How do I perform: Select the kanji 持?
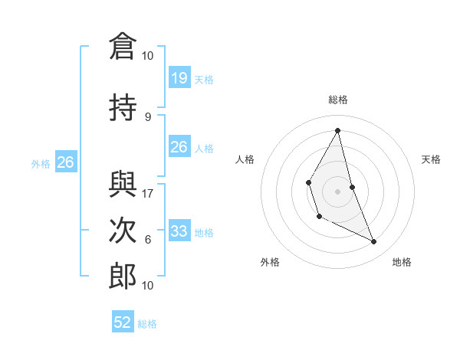[123, 109]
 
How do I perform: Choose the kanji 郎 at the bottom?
[123, 275]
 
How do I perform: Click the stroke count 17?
[148, 193]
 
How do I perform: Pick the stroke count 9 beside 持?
[148, 116]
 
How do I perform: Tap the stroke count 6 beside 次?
[148, 239]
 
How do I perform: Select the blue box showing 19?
[179, 77]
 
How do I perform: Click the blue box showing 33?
[179, 231]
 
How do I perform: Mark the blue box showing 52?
[123, 322]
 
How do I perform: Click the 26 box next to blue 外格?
[66, 162]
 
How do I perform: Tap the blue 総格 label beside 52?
[147, 324]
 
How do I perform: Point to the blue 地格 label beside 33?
[204, 233]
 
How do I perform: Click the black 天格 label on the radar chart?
[431, 159]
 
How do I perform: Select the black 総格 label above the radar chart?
[337, 100]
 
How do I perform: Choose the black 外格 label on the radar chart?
[270, 262]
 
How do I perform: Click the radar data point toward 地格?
[374, 242]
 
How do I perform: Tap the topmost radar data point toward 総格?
[337, 129]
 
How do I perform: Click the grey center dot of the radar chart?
[337, 190]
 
